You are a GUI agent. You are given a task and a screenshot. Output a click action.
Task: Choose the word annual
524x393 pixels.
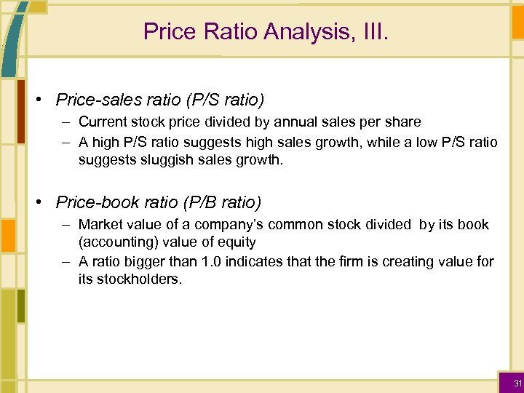[x=295, y=122]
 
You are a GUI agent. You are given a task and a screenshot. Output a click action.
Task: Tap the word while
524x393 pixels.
[x=385, y=141]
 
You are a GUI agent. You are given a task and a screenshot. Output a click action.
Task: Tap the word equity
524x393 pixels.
[x=237, y=242]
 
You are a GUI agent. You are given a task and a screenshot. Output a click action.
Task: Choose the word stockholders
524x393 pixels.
[x=133, y=279]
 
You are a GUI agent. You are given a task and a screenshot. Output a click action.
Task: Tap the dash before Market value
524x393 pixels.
[x=66, y=224]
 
